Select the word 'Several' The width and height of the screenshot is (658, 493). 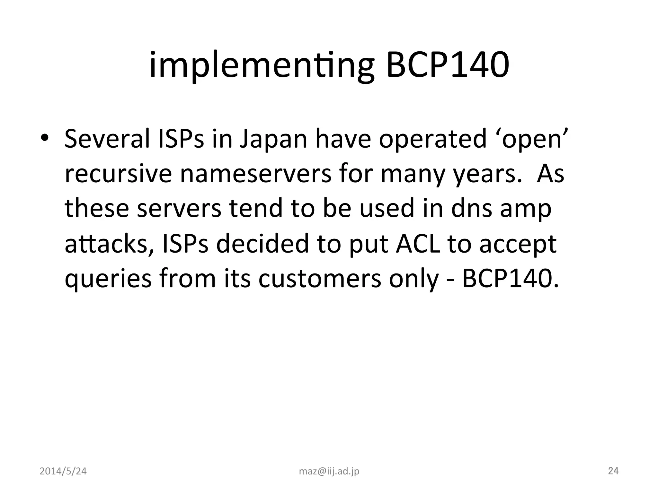(107, 138)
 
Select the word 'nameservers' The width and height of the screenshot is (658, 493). (255, 174)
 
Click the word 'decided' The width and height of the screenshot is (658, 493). (262, 244)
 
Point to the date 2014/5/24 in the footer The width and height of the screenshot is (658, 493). (63, 471)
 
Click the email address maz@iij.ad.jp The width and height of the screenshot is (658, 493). (329, 471)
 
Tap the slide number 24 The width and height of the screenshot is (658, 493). (613, 471)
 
